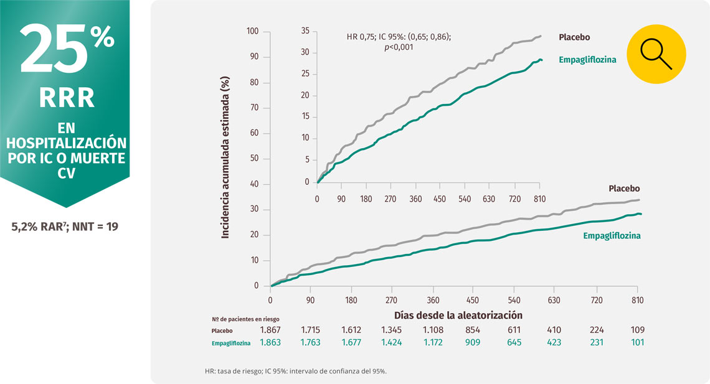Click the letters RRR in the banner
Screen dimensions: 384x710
click(67, 98)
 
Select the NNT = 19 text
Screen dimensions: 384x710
click(93, 227)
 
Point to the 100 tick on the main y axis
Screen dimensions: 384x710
click(252, 32)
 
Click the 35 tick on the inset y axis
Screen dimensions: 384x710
click(305, 30)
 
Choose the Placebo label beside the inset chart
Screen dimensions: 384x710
click(574, 37)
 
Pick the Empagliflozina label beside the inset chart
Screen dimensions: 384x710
click(588, 60)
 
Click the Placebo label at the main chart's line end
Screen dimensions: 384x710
click(624, 189)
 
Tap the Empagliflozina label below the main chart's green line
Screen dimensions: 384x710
click(612, 236)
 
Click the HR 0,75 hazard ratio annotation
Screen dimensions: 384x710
click(399, 37)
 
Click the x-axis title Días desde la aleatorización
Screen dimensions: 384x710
click(458, 315)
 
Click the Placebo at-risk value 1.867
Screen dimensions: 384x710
click(271, 330)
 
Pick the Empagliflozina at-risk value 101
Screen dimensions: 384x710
click(637, 342)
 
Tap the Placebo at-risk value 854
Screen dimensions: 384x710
click(473, 330)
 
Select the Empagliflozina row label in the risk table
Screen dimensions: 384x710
click(230, 343)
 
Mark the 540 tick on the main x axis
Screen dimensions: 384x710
click(514, 299)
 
